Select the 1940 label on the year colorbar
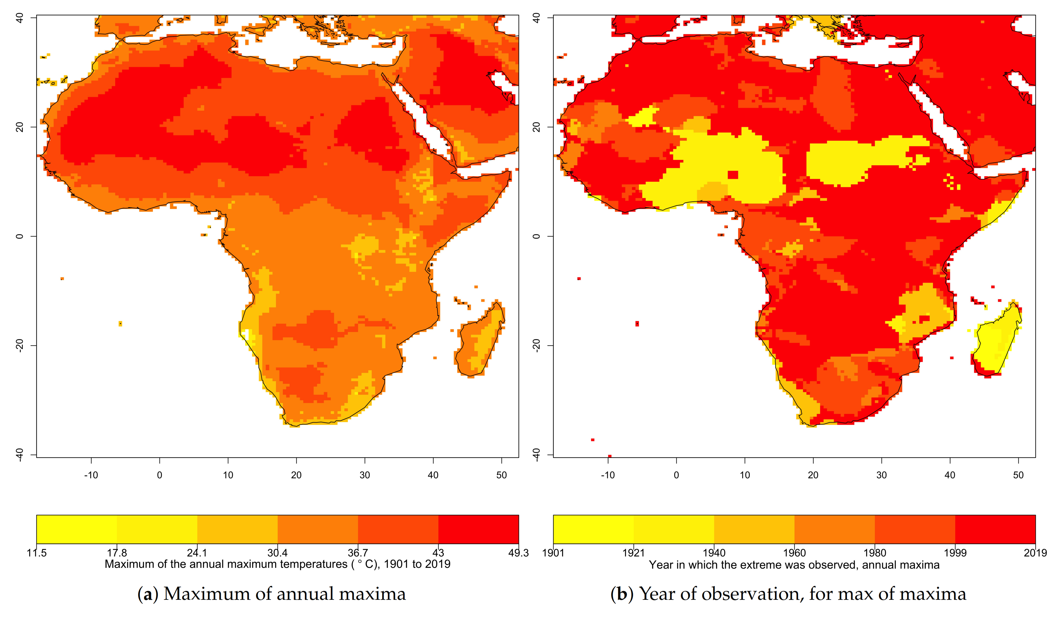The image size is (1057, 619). point(714,553)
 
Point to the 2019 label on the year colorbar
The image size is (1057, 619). point(1035,553)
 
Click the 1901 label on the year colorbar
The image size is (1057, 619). point(553,553)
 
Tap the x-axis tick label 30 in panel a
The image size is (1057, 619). point(364,475)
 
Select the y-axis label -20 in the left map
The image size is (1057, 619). point(19,345)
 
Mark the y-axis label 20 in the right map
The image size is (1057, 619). point(536,127)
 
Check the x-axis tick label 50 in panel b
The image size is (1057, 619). point(1018,475)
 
